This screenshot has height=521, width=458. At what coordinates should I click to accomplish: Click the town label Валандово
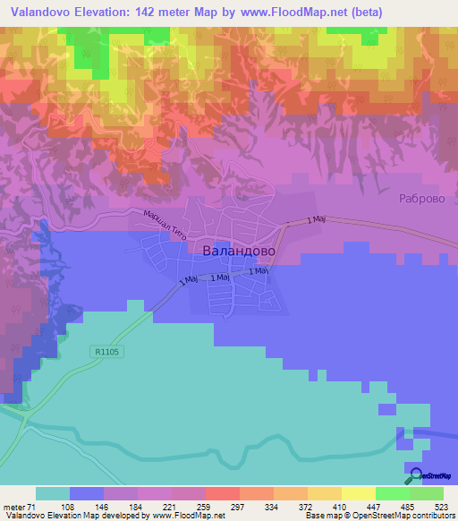239,252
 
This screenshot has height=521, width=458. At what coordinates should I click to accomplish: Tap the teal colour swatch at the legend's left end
53,493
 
